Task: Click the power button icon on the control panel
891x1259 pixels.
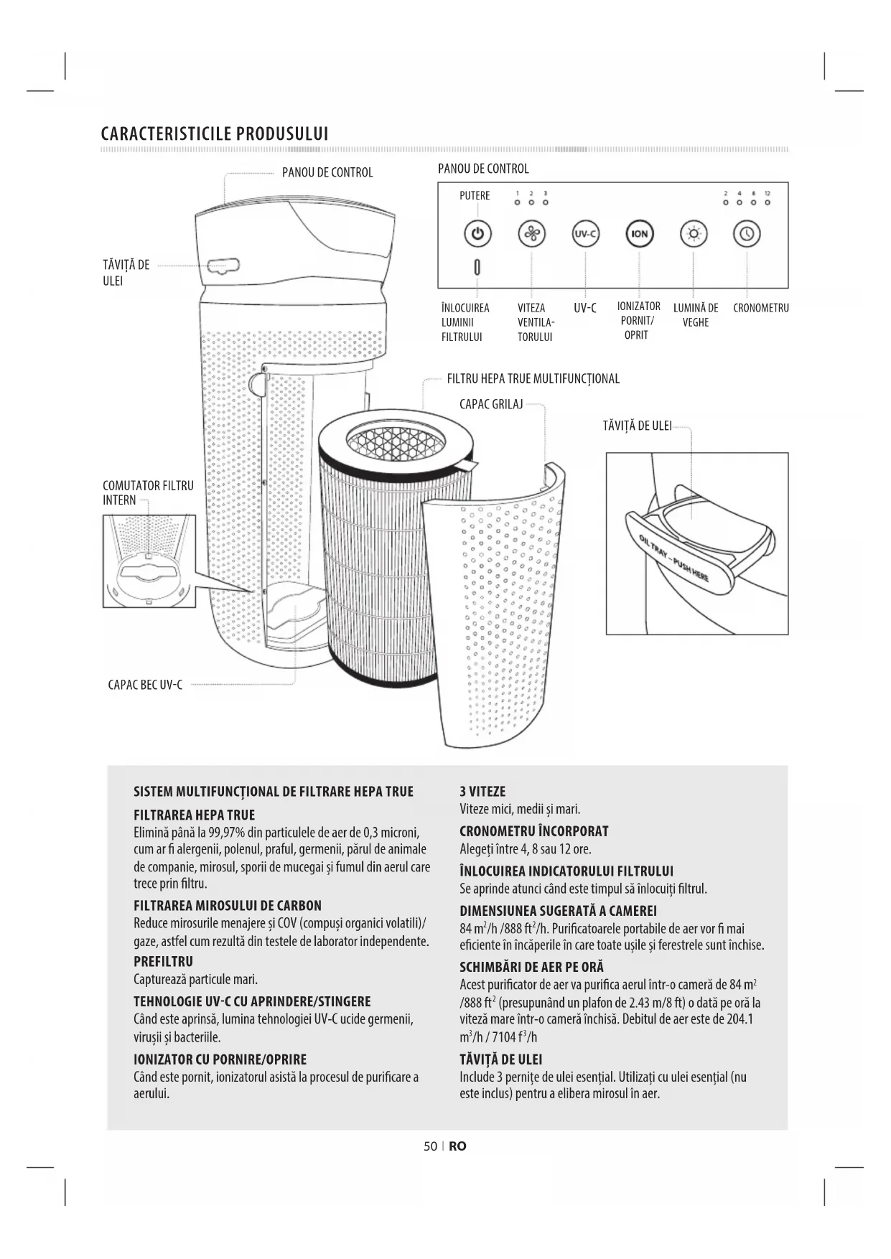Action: [479, 234]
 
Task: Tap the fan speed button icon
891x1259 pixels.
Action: [531, 234]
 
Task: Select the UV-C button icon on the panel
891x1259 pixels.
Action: [585, 234]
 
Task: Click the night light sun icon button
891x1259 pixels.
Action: [693, 234]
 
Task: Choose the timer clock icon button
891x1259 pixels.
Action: [747, 234]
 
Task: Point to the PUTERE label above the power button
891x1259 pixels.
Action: [475, 196]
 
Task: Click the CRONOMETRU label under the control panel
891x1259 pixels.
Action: [760, 309]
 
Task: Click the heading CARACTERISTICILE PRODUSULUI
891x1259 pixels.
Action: [215, 134]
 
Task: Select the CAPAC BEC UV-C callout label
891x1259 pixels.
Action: [145, 685]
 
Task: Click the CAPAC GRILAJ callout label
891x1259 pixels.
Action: [491, 404]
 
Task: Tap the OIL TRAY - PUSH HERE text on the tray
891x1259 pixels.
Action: [673, 559]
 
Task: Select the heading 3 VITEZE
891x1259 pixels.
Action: [482, 792]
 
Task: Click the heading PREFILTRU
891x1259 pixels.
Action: [163, 961]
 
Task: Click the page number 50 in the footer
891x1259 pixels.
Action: [430, 1146]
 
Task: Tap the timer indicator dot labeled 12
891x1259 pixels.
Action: [768, 202]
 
